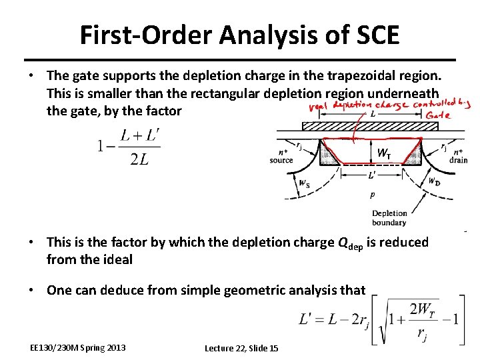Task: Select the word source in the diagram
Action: coord(281,160)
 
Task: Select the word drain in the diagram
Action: coord(459,160)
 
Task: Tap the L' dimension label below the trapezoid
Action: coord(371,175)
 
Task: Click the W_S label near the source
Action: coord(304,184)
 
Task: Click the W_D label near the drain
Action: coord(433,181)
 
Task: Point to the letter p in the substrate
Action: coord(372,196)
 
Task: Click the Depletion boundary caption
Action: coord(389,218)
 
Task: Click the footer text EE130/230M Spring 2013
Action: coord(78,348)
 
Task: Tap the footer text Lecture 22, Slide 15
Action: coord(241,348)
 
